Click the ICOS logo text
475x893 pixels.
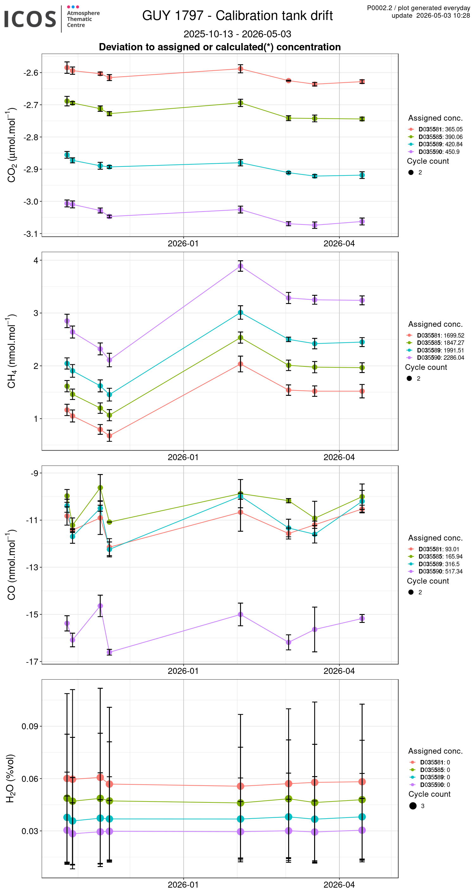pos(30,19)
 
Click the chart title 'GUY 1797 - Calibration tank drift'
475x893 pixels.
pos(237,16)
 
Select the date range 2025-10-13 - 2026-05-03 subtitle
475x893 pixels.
pos(237,34)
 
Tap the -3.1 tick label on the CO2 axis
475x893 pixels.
pos(30,234)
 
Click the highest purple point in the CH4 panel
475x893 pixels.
pos(240,266)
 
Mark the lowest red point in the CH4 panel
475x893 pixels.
pos(109,436)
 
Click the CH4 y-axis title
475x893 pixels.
pos(11,351)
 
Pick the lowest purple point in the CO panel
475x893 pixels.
pos(109,652)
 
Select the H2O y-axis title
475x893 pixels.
pos(11,779)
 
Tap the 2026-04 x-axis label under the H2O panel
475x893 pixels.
pos(339,884)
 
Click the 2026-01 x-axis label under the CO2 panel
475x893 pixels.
pos(183,244)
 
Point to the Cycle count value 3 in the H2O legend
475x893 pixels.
pos(423,806)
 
